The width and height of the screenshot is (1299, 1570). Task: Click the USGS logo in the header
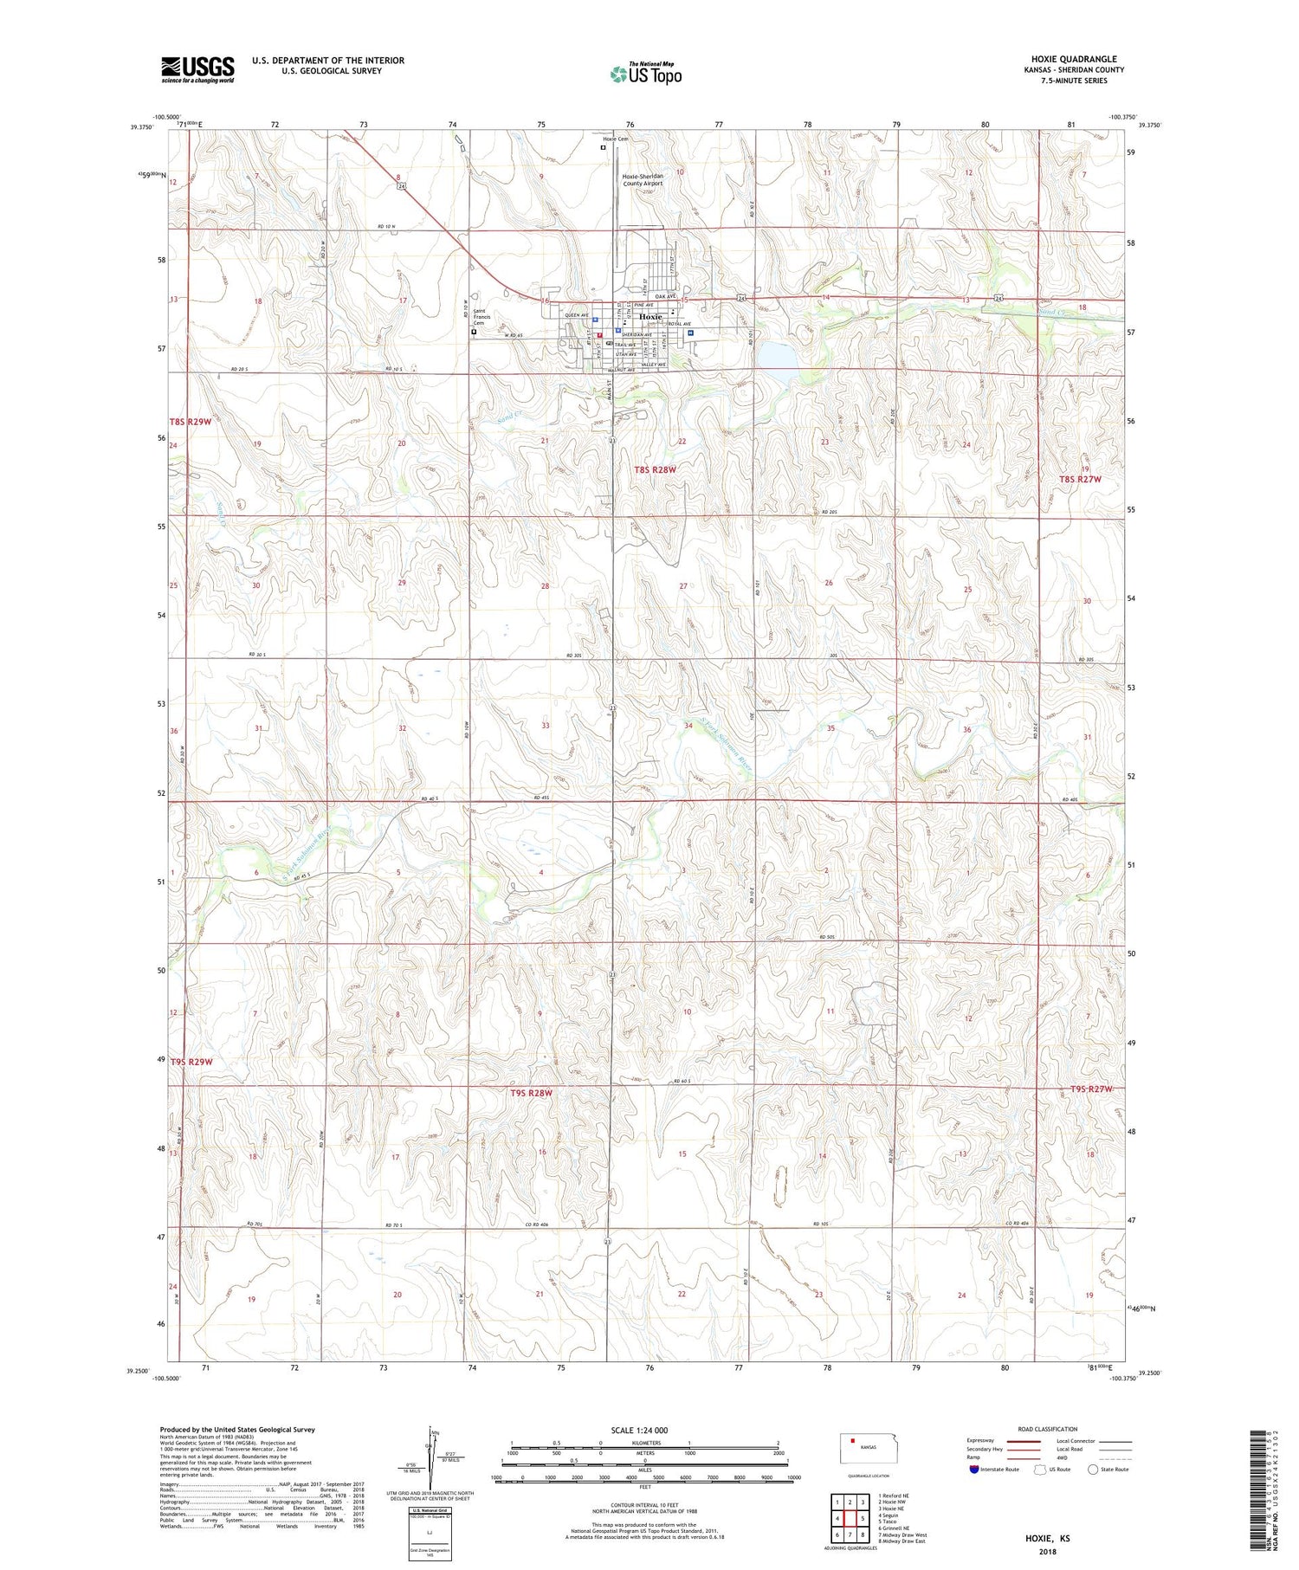click(197, 69)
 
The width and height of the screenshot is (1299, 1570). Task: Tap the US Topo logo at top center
click(645, 74)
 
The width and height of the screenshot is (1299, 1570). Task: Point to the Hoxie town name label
click(650, 316)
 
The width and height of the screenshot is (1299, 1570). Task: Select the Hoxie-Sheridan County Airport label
click(643, 179)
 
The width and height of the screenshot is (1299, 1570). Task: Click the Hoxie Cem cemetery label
click(616, 139)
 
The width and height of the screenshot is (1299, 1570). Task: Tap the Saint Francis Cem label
click(486, 317)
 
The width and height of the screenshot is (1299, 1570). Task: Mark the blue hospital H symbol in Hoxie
click(690, 332)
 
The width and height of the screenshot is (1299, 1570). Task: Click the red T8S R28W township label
click(655, 469)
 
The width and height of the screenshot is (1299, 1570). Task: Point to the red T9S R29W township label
click(191, 1062)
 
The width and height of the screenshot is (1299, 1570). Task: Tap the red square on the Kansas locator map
click(853, 1442)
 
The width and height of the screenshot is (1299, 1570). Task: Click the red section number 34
click(688, 726)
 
